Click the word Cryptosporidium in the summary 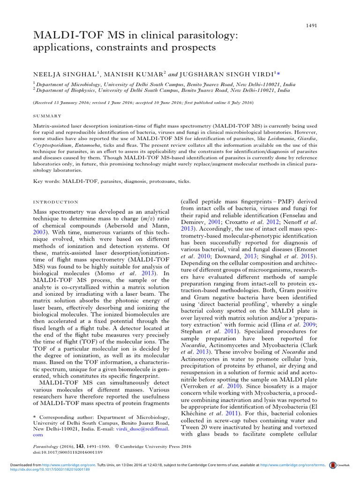click(x=52, y=145)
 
